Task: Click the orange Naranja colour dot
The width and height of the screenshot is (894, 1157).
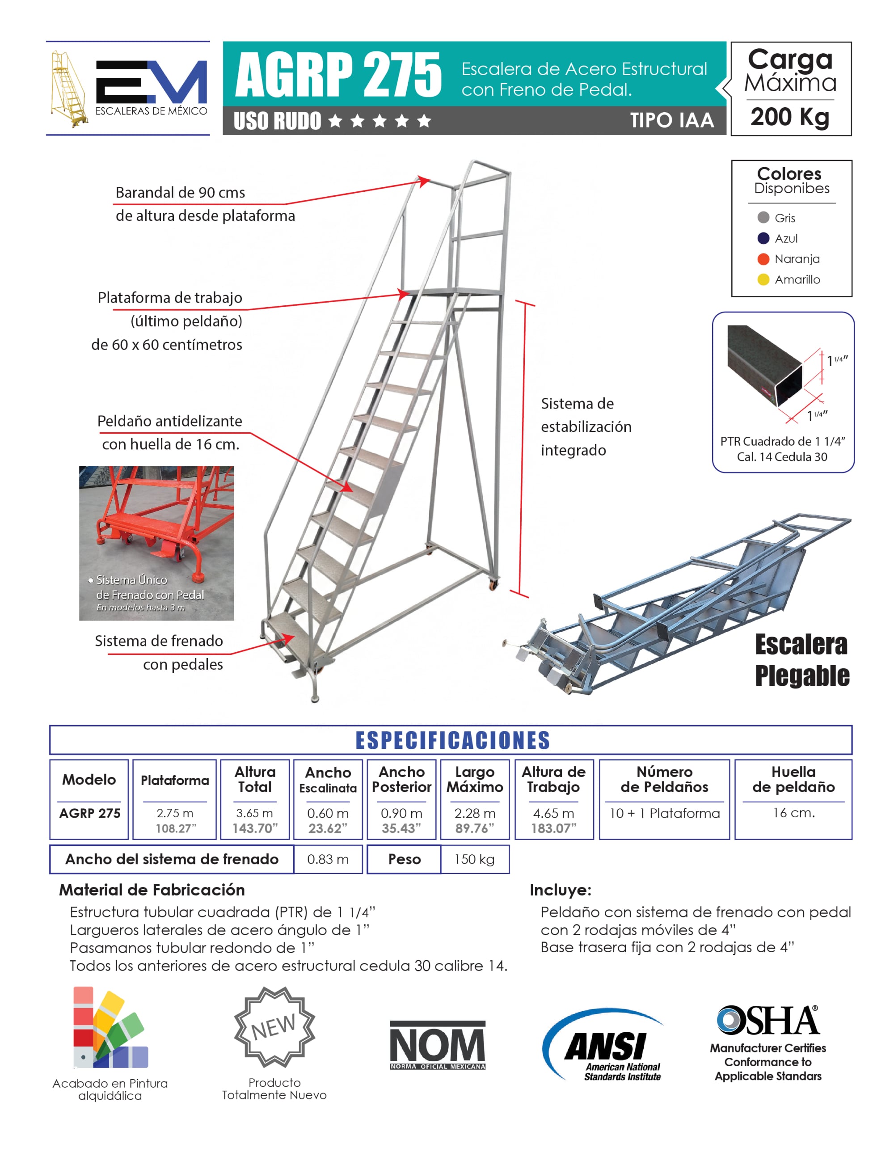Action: [763, 258]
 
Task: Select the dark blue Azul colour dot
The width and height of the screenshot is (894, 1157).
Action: [763, 238]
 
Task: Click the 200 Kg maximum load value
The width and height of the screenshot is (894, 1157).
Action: [790, 117]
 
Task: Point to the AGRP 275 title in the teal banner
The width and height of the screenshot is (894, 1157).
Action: [338, 75]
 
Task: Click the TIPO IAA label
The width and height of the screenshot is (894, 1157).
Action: [671, 120]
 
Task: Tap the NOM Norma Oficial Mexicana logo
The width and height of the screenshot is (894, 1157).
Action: [438, 1045]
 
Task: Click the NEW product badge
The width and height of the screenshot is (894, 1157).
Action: [274, 1026]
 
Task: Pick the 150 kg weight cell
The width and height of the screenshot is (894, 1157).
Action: [475, 859]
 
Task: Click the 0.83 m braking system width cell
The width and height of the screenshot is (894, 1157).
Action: [328, 859]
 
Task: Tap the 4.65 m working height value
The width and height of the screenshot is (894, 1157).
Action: [553, 813]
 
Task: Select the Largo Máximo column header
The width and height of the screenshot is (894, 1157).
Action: [475, 779]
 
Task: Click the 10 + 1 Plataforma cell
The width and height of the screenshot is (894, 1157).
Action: [664, 813]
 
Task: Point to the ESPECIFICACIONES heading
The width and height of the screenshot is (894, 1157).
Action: [452, 740]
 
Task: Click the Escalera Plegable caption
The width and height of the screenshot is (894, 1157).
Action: [801, 660]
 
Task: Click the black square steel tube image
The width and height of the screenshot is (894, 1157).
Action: [764, 366]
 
